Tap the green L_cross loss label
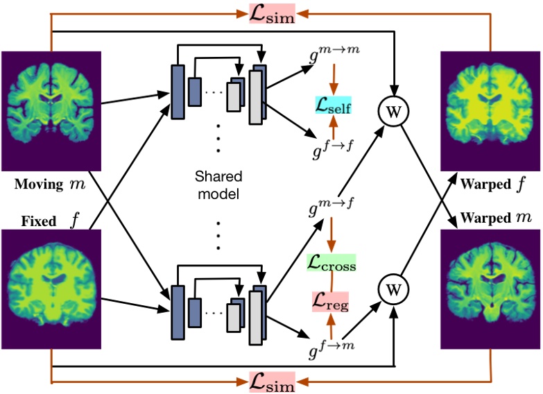331,264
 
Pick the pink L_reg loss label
331,302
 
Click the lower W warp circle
393,287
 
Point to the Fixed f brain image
52,290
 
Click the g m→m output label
334,53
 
